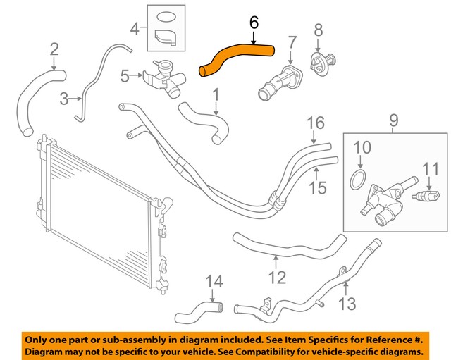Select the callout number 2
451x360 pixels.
[x=54, y=49]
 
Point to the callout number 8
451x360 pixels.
[x=318, y=30]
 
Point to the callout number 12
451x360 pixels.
[x=277, y=278]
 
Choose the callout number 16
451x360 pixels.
[x=316, y=124]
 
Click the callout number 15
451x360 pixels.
[x=319, y=187]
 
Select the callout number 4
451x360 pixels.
[x=135, y=30]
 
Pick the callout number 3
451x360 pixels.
[x=65, y=99]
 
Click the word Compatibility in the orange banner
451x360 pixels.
[x=267, y=351]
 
